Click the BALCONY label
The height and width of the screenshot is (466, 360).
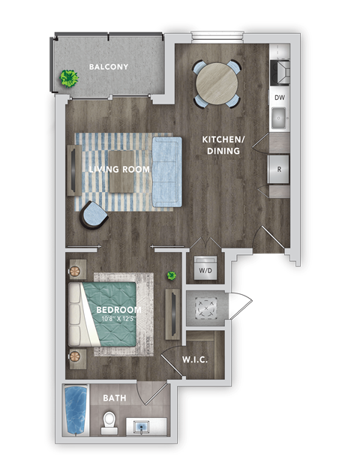click(x=109, y=67)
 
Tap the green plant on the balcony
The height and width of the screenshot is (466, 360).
click(x=70, y=78)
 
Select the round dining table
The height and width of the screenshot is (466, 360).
click(x=215, y=82)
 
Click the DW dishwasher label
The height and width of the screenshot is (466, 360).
click(x=279, y=98)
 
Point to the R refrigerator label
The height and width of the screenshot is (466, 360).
click(x=279, y=169)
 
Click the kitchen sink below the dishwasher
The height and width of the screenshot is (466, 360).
click(x=279, y=118)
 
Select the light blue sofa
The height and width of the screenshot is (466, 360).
click(x=167, y=170)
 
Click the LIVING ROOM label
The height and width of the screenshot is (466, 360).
click(x=119, y=170)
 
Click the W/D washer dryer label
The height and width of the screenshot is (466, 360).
click(x=204, y=269)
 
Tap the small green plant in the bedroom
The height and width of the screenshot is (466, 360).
click(x=172, y=276)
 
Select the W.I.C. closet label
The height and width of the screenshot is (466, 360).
click(x=195, y=360)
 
